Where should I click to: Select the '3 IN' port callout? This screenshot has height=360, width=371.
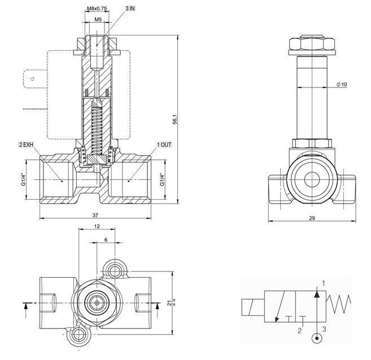pos(130,9)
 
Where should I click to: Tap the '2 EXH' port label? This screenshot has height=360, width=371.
pos(27,144)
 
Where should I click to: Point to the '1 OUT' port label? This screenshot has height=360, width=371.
pos(164,144)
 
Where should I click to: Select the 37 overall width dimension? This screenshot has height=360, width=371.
pos(96,215)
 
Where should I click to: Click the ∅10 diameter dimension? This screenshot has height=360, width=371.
pos(342,85)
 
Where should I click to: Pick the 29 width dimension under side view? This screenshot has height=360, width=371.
pos(312,218)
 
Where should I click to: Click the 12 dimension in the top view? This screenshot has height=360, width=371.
pos(97,226)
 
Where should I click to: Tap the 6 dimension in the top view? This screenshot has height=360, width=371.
pos(106,240)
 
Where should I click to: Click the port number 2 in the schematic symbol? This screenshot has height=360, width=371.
pos(300,331)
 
